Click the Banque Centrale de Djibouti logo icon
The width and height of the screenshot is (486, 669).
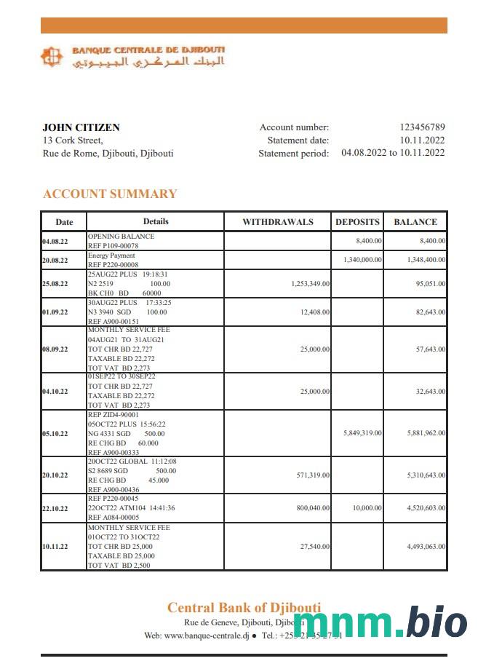point(52,57)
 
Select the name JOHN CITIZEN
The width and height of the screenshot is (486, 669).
point(81,127)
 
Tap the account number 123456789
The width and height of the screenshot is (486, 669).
point(422,127)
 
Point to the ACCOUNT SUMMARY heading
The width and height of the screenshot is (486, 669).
point(110,194)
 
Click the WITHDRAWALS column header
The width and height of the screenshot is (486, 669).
point(277,222)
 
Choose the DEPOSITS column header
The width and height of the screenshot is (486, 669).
point(357,222)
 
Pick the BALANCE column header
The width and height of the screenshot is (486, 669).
point(415,222)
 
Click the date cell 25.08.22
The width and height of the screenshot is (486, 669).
point(55,284)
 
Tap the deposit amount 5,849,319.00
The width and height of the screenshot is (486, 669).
point(362,433)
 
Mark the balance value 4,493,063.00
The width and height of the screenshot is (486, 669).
point(426,546)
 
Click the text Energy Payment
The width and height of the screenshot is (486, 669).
point(111,256)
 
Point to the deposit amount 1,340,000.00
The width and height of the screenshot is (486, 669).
point(362,260)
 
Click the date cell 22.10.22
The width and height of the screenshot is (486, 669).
point(55,509)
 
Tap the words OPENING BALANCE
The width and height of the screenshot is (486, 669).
point(121,237)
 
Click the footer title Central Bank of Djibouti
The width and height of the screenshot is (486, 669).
point(244,608)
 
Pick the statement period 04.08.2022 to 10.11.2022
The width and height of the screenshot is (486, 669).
point(393,153)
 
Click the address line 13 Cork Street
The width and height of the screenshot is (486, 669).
point(73,140)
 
